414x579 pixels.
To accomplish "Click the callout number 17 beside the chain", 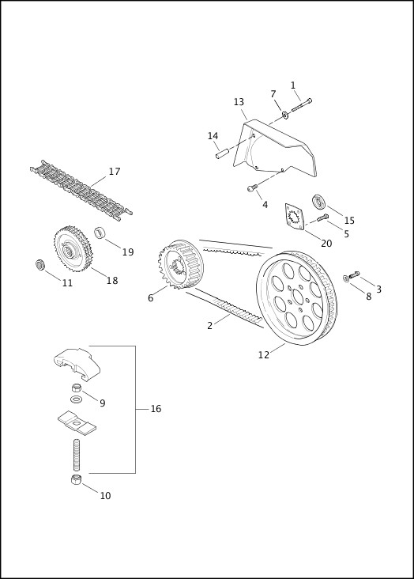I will point(115,172).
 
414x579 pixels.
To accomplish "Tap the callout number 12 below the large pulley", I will point(264,355).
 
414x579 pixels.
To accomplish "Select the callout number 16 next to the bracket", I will point(156,409).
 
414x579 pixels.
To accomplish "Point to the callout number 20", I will point(326,244).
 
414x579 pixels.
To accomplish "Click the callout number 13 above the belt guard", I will point(239,102).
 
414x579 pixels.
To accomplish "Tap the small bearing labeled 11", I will point(40,264).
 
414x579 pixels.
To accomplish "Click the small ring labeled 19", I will point(101,233).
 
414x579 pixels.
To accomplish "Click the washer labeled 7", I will point(284,115).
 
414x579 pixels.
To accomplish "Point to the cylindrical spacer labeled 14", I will point(223,153).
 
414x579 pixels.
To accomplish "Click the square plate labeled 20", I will point(295,218).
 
